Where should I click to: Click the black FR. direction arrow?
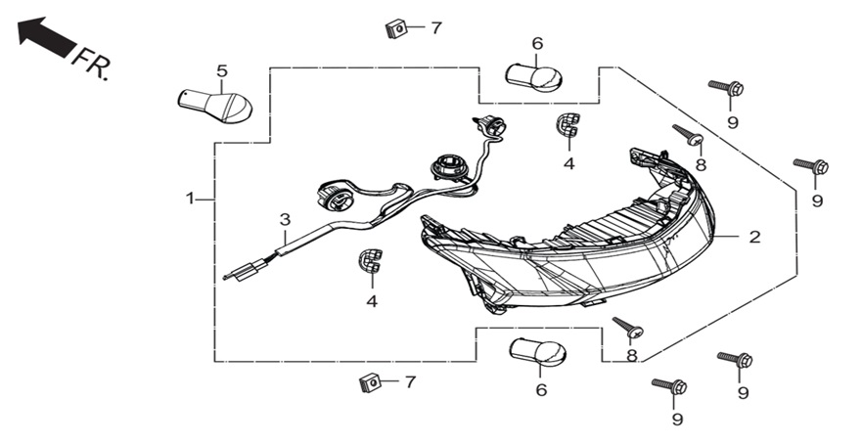tap(46, 36)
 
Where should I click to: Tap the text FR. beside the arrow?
tap(92, 64)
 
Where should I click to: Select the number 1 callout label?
tap(190, 199)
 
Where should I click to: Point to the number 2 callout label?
tap(754, 237)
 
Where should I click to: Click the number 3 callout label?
tap(285, 220)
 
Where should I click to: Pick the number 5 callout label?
tap(222, 71)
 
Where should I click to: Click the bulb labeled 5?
tap(214, 107)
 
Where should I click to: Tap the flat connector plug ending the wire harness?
tap(246, 272)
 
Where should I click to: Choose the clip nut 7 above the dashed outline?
tap(395, 28)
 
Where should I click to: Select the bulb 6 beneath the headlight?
tap(538, 351)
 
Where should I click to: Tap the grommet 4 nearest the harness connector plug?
tap(371, 261)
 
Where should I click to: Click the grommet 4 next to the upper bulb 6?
tap(568, 124)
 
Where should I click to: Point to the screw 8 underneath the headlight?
tap(628, 328)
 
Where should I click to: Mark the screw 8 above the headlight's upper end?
tap(688, 135)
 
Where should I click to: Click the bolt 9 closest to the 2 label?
tap(811, 164)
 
